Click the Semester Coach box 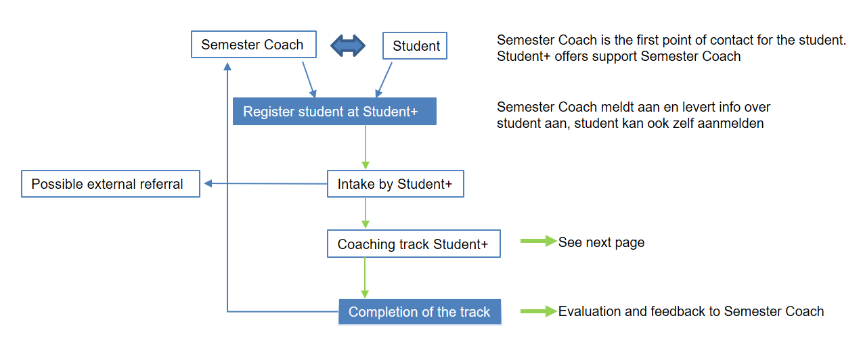pyautogui.click(x=254, y=45)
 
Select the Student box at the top pyautogui.click(x=415, y=46)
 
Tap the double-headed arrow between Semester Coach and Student pyautogui.click(x=348, y=46)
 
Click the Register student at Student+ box pyautogui.click(x=334, y=112)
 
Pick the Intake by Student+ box pyautogui.click(x=395, y=184)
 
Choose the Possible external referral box pyautogui.click(x=111, y=184)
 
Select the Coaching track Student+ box pyautogui.click(x=414, y=244)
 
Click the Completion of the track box pyautogui.click(x=420, y=312)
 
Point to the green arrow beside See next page pyautogui.click(x=539, y=242)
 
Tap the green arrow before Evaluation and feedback pyautogui.click(x=539, y=311)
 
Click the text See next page pyautogui.click(x=601, y=242)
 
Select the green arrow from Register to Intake pyautogui.click(x=366, y=147)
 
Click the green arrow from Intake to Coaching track pyautogui.click(x=366, y=213)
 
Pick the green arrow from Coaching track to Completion pyautogui.click(x=365, y=277)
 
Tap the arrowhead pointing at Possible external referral pyautogui.click(x=208, y=183)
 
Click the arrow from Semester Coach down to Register pyautogui.click(x=309, y=80)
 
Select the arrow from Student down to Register pyautogui.click(x=384, y=80)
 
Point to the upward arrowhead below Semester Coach pyautogui.click(x=227, y=67)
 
